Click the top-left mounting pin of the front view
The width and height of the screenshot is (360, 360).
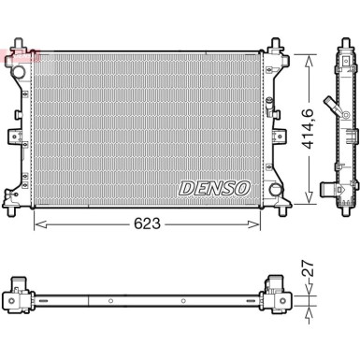[x=19, y=48]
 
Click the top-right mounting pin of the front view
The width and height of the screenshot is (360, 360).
[x=278, y=45]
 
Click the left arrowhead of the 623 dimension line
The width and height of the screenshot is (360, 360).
[x=37, y=224]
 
